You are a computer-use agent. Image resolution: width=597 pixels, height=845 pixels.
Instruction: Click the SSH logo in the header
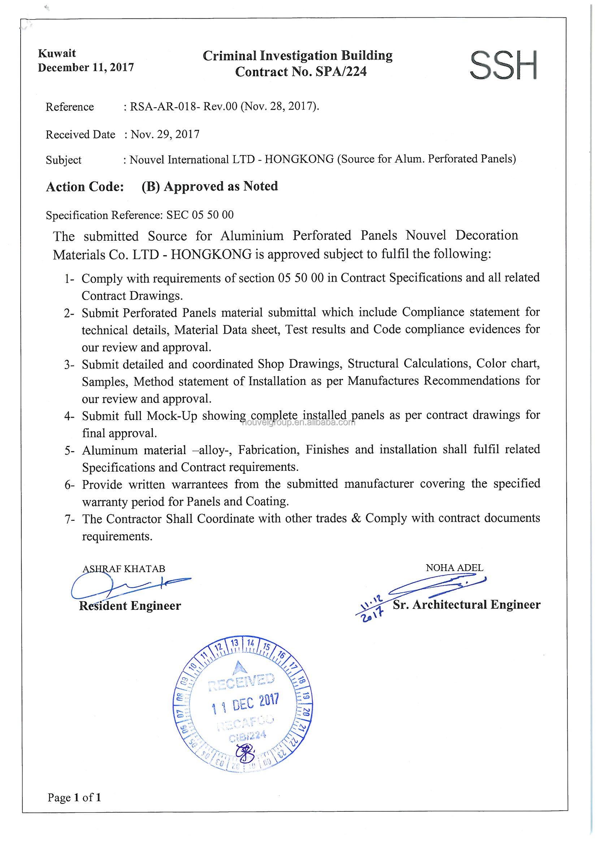click(x=503, y=65)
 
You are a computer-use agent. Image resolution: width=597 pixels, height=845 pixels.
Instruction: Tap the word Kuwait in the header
click(x=57, y=53)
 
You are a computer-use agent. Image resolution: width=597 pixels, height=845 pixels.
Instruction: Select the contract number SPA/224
click(x=341, y=72)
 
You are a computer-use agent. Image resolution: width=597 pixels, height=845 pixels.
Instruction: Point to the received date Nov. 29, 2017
click(x=165, y=134)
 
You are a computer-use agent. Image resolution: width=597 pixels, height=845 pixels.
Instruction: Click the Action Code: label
click(x=85, y=186)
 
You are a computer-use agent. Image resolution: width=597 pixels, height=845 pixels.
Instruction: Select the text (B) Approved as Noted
click(x=210, y=186)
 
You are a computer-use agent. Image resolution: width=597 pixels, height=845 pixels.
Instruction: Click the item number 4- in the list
click(x=69, y=417)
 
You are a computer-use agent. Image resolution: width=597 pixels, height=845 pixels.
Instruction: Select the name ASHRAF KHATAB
click(x=124, y=569)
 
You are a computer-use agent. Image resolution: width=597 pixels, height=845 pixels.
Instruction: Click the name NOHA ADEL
click(x=454, y=567)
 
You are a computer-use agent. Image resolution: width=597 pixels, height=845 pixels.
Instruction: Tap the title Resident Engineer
click(x=130, y=606)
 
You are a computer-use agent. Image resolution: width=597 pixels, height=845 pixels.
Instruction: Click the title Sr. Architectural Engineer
click(x=466, y=605)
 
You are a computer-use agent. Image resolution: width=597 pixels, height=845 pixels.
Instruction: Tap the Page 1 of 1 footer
click(x=74, y=798)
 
